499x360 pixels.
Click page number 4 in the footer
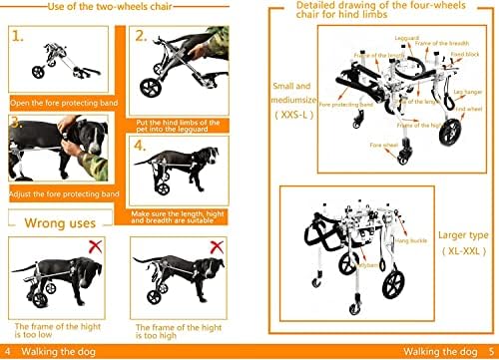pos(9,351)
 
